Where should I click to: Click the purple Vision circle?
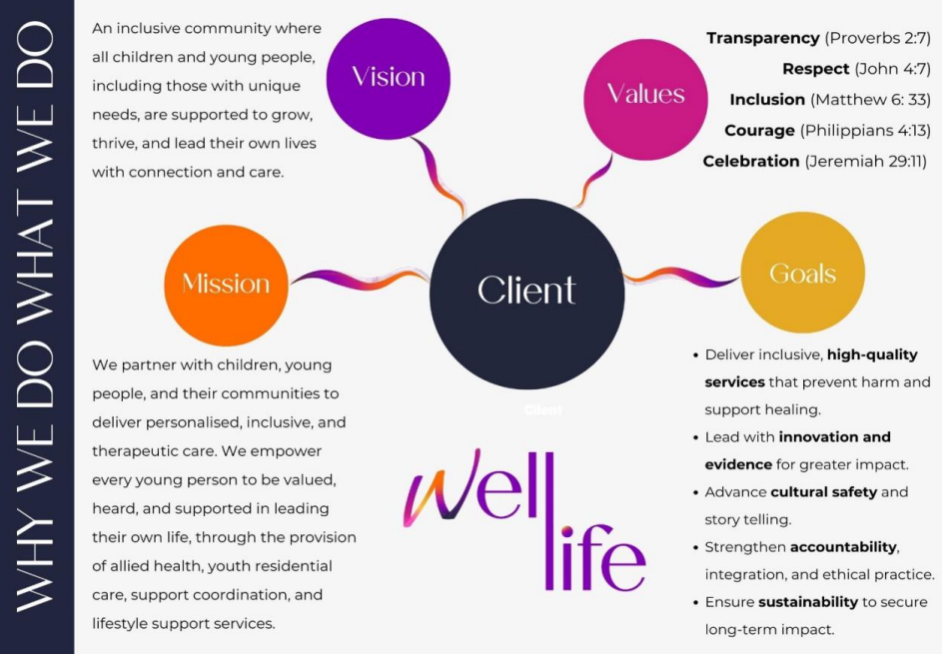(389, 78)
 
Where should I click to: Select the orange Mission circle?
(226, 284)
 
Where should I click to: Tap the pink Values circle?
(645, 94)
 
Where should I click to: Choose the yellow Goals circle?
(802, 273)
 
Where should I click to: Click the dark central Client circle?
(526, 291)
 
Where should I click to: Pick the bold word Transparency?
(762, 38)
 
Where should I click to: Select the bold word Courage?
(759, 130)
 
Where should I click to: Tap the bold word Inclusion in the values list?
(767, 100)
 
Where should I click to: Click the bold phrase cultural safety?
(823, 491)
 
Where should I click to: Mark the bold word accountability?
(844, 546)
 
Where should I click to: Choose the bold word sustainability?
(808, 601)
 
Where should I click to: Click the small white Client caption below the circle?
(543, 410)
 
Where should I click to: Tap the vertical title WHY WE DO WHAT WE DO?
(37, 327)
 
